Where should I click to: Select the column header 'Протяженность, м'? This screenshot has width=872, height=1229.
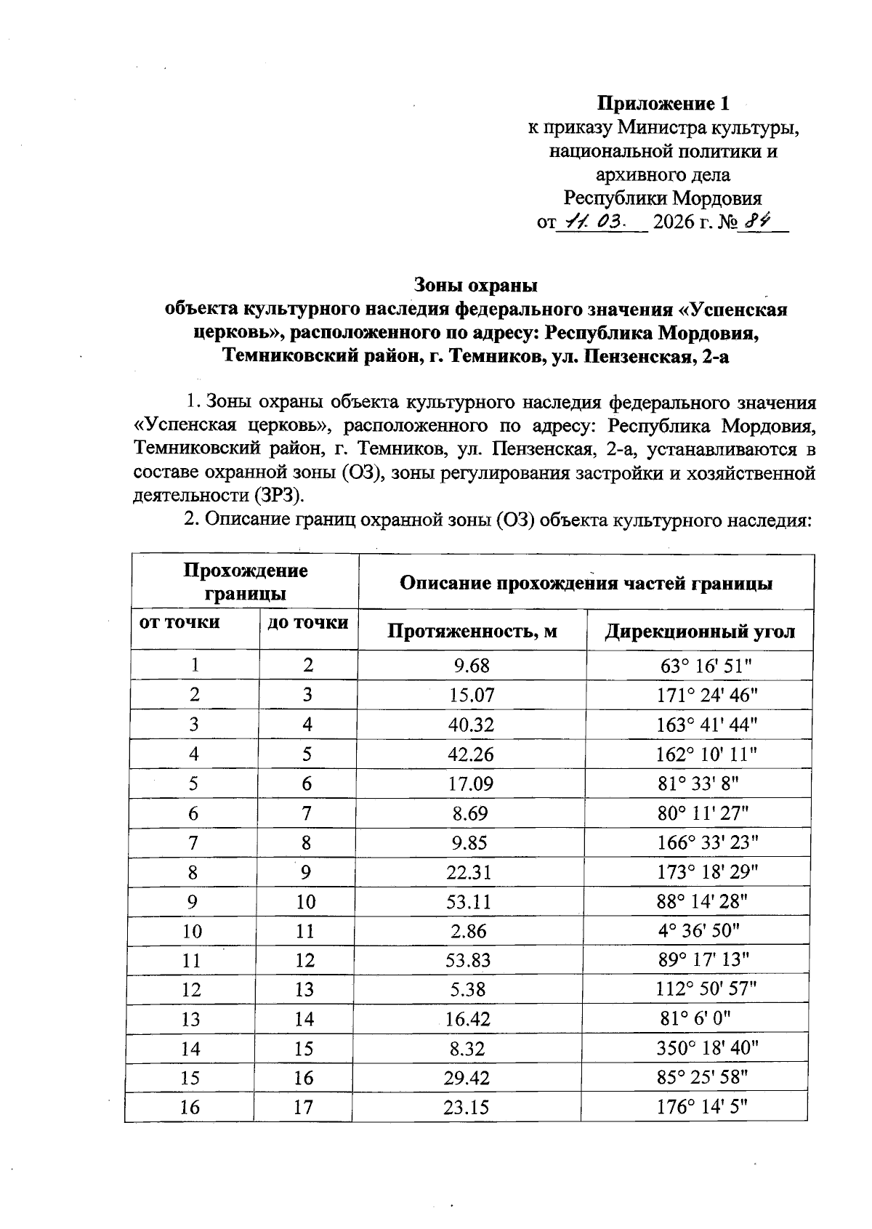coord(472,631)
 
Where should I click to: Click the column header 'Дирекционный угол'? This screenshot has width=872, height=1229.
coord(699,631)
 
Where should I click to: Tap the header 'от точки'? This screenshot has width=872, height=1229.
coord(179,623)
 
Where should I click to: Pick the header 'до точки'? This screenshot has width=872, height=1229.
coord(307,623)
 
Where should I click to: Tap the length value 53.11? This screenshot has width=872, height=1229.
coord(469,903)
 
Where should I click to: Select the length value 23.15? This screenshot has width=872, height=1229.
coord(467,1108)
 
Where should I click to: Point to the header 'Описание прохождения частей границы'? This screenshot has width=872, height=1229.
coord(586,583)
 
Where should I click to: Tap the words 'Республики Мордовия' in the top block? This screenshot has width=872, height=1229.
coord(663,198)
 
